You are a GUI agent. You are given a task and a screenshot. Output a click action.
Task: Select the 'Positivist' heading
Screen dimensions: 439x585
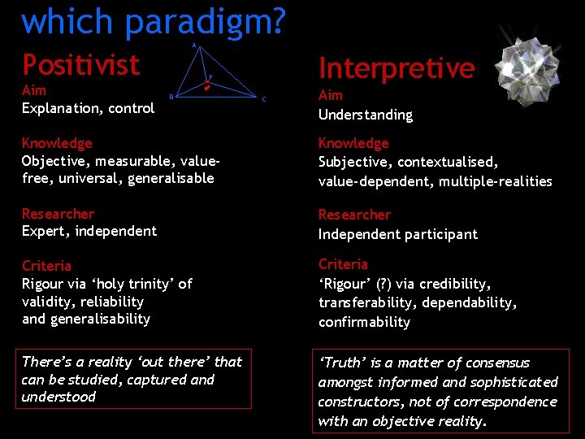pyautogui.click(x=80, y=64)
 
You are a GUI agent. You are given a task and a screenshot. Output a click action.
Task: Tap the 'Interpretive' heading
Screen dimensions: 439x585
pyautogui.click(x=396, y=68)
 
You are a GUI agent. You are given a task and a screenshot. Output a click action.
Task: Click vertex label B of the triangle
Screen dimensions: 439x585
pyautogui.click(x=171, y=98)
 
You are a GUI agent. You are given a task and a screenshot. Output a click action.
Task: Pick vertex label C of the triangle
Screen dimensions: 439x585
pyautogui.click(x=263, y=99)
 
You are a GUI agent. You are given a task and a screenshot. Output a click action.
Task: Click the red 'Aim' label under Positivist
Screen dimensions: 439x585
pyautogui.click(x=34, y=90)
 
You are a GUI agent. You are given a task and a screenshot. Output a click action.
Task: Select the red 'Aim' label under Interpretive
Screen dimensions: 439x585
pyautogui.click(x=331, y=96)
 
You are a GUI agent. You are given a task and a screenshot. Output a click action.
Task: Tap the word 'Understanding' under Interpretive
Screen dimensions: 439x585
pyautogui.click(x=365, y=115)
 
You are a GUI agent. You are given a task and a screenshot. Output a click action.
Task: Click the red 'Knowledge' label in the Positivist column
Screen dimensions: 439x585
pyautogui.click(x=57, y=143)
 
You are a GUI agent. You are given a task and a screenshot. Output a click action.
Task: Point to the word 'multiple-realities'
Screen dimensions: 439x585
pyautogui.click(x=495, y=180)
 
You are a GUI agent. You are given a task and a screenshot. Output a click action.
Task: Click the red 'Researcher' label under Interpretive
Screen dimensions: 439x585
pyautogui.click(x=354, y=215)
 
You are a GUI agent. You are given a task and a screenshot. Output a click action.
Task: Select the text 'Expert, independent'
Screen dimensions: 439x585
pyautogui.click(x=89, y=231)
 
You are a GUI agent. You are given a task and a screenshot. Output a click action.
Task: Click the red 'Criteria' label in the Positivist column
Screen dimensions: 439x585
pyautogui.click(x=46, y=266)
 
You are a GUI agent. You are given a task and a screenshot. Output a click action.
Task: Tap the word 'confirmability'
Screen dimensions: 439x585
pyautogui.click(x=364, y=322)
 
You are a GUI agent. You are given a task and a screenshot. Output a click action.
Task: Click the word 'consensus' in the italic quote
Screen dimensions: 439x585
pyautogui.click(x=496, y=363)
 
